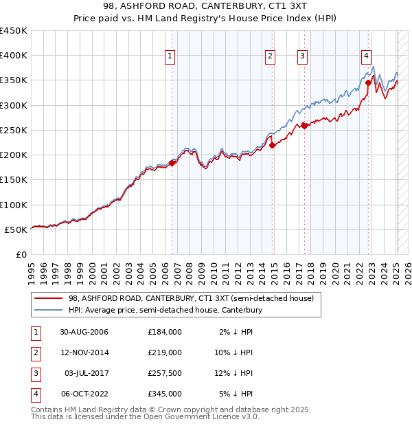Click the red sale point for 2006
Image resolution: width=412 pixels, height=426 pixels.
[172, 163]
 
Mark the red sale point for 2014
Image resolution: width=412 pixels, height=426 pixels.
[272, 145]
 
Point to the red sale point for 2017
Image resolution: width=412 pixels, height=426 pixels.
[304, 126]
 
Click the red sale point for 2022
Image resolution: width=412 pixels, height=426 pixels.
[369, 82]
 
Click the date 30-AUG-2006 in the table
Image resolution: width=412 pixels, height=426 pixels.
[84, 332]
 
